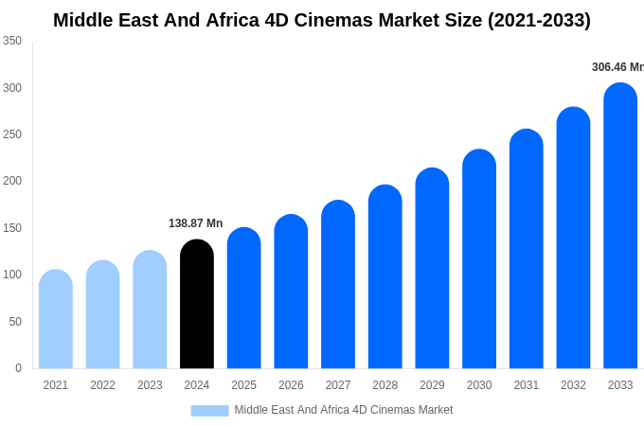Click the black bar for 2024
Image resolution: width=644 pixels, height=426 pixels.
(197, 304)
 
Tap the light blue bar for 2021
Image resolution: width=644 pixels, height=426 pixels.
(56, 319)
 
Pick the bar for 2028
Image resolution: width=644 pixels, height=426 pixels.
(385, 276)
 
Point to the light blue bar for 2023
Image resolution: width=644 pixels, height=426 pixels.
(150, 310)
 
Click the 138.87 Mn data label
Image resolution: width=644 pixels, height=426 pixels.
(195, 223)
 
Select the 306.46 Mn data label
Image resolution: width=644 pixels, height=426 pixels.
(617, 67)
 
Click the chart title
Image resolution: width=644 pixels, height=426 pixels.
(322, 20)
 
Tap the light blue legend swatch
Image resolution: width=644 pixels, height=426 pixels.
(209, 410)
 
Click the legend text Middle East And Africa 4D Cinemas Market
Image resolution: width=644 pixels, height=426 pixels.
(344, 410)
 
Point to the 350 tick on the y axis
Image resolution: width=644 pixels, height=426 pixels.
(12, 41)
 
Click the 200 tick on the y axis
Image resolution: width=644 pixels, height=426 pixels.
(12, 181)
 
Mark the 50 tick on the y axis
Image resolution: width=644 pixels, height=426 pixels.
(15, 322)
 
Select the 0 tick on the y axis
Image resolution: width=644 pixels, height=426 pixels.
(18, 368)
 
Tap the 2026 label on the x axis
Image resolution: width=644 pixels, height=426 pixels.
(291, 385)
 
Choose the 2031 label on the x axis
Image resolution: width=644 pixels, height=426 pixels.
(527, 385)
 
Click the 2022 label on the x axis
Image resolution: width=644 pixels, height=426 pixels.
(102, 385)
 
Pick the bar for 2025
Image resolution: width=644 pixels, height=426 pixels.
(243, 298)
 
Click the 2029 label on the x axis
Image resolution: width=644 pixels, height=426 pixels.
(432, 385)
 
